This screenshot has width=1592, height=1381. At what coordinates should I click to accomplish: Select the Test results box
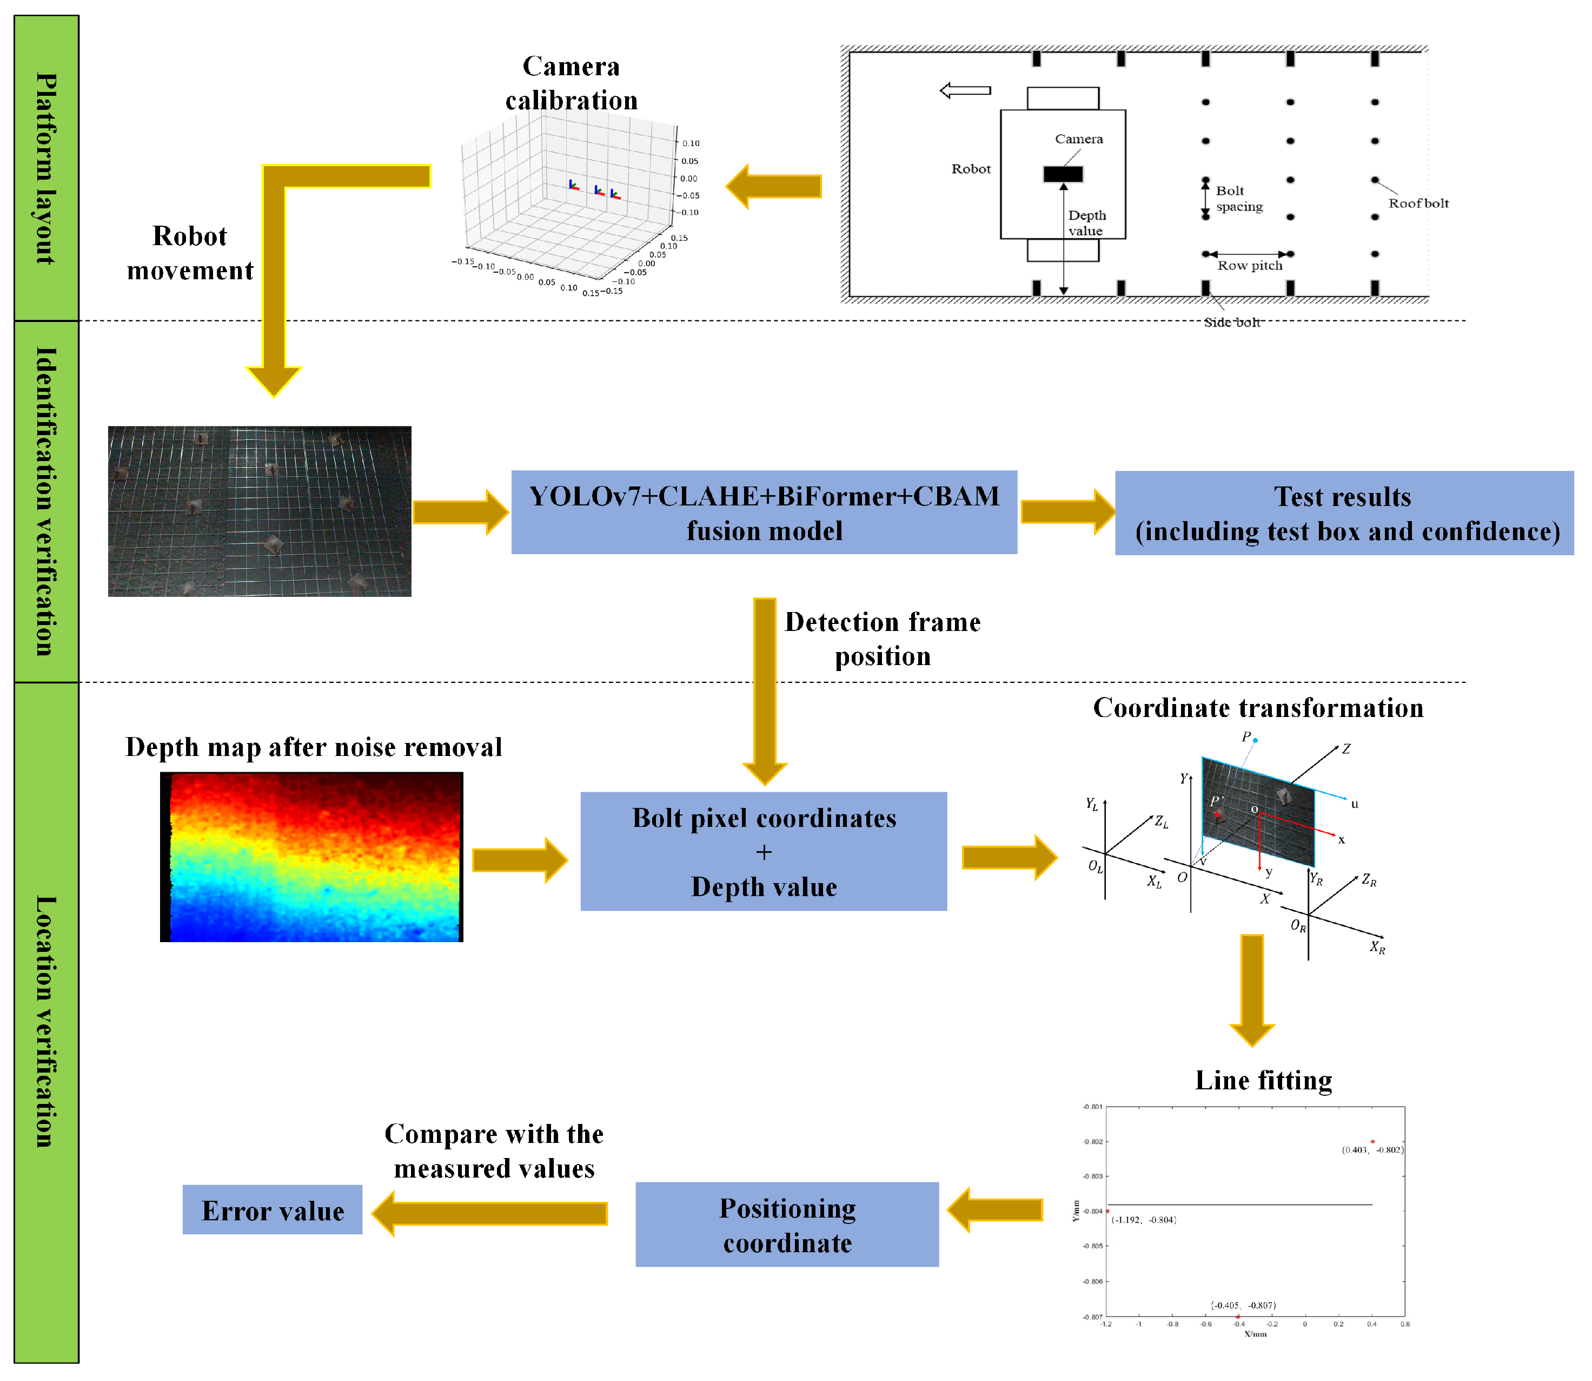click(x=1343, y=513)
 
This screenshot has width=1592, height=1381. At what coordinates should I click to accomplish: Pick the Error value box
click(x=272, y=1210)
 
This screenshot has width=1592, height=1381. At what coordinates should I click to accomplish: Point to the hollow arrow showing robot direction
click(x=965, y=91)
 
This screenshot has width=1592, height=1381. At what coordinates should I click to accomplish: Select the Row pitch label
click(x=1249, y=266)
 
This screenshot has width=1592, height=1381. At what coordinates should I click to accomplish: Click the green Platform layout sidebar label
click(x=46, y=168)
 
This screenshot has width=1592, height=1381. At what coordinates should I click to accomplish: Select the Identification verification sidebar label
click(x=46, y=501)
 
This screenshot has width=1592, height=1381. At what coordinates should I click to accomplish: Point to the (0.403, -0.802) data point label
click(x=1372, y=1150)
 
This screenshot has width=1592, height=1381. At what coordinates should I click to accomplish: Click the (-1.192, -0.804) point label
click(x=1143, y=1220)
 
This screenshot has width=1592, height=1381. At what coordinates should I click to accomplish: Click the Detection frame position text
click(x=882, y=639)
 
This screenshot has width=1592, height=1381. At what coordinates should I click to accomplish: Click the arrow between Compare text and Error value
click(x=490, y=1214)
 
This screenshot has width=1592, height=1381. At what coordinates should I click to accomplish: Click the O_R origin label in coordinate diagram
click(x=1298, y=925)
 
